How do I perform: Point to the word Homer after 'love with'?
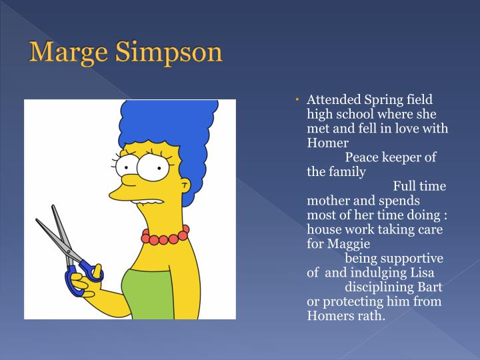point(328,143)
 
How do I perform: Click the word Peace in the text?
point(363,157)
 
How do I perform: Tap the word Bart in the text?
point(429,287)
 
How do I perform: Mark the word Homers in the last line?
point(329,315)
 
